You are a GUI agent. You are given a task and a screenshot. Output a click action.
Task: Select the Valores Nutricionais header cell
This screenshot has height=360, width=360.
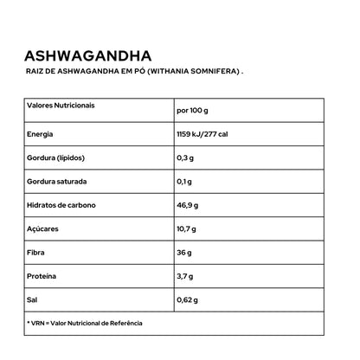click(61, 105)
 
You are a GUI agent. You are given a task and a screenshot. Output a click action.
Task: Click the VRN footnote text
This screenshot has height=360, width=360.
click(84, 323)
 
